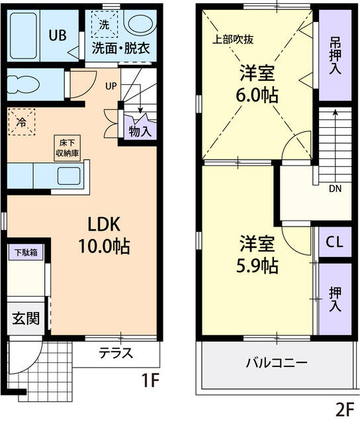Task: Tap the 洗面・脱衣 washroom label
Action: click(120, 48)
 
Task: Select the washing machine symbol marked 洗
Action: click(104, 25)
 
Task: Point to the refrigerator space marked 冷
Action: click(22, 122)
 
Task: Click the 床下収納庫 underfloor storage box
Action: click(67, 148)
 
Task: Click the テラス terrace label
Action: click(116, 352)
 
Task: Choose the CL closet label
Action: click(335, 243)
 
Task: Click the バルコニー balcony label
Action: click(276, 363)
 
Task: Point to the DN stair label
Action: click(336, 189)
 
